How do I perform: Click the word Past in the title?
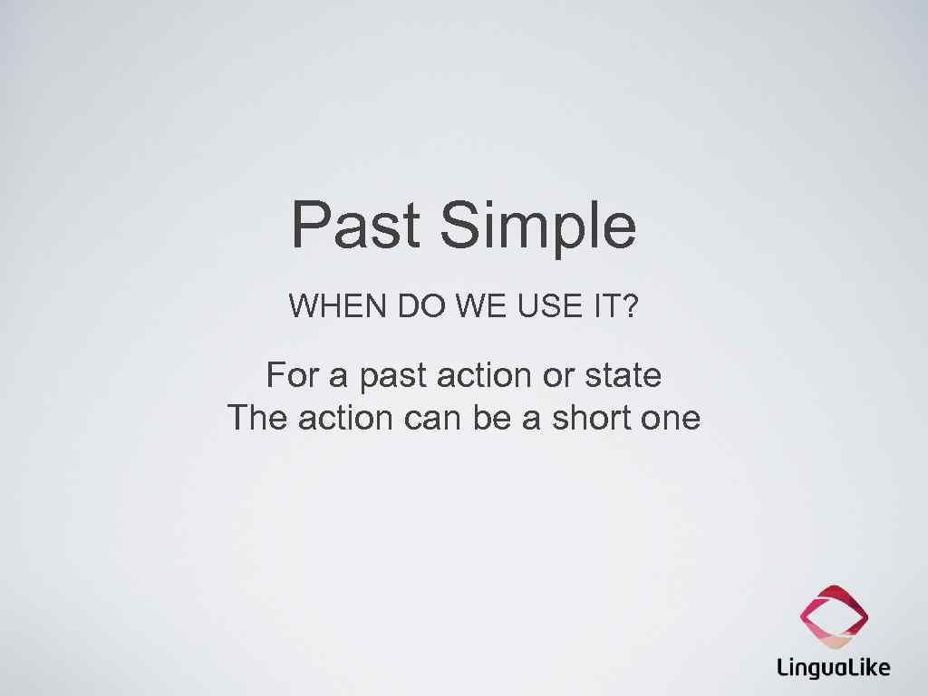coord(356,226)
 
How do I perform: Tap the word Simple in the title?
coord(538,227)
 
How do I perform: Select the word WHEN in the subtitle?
coord(339,307)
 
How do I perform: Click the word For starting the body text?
coord(289,374)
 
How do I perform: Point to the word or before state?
coord(558,375)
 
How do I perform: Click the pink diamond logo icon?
coord(834,617)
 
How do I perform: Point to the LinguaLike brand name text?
coord(834,669)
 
